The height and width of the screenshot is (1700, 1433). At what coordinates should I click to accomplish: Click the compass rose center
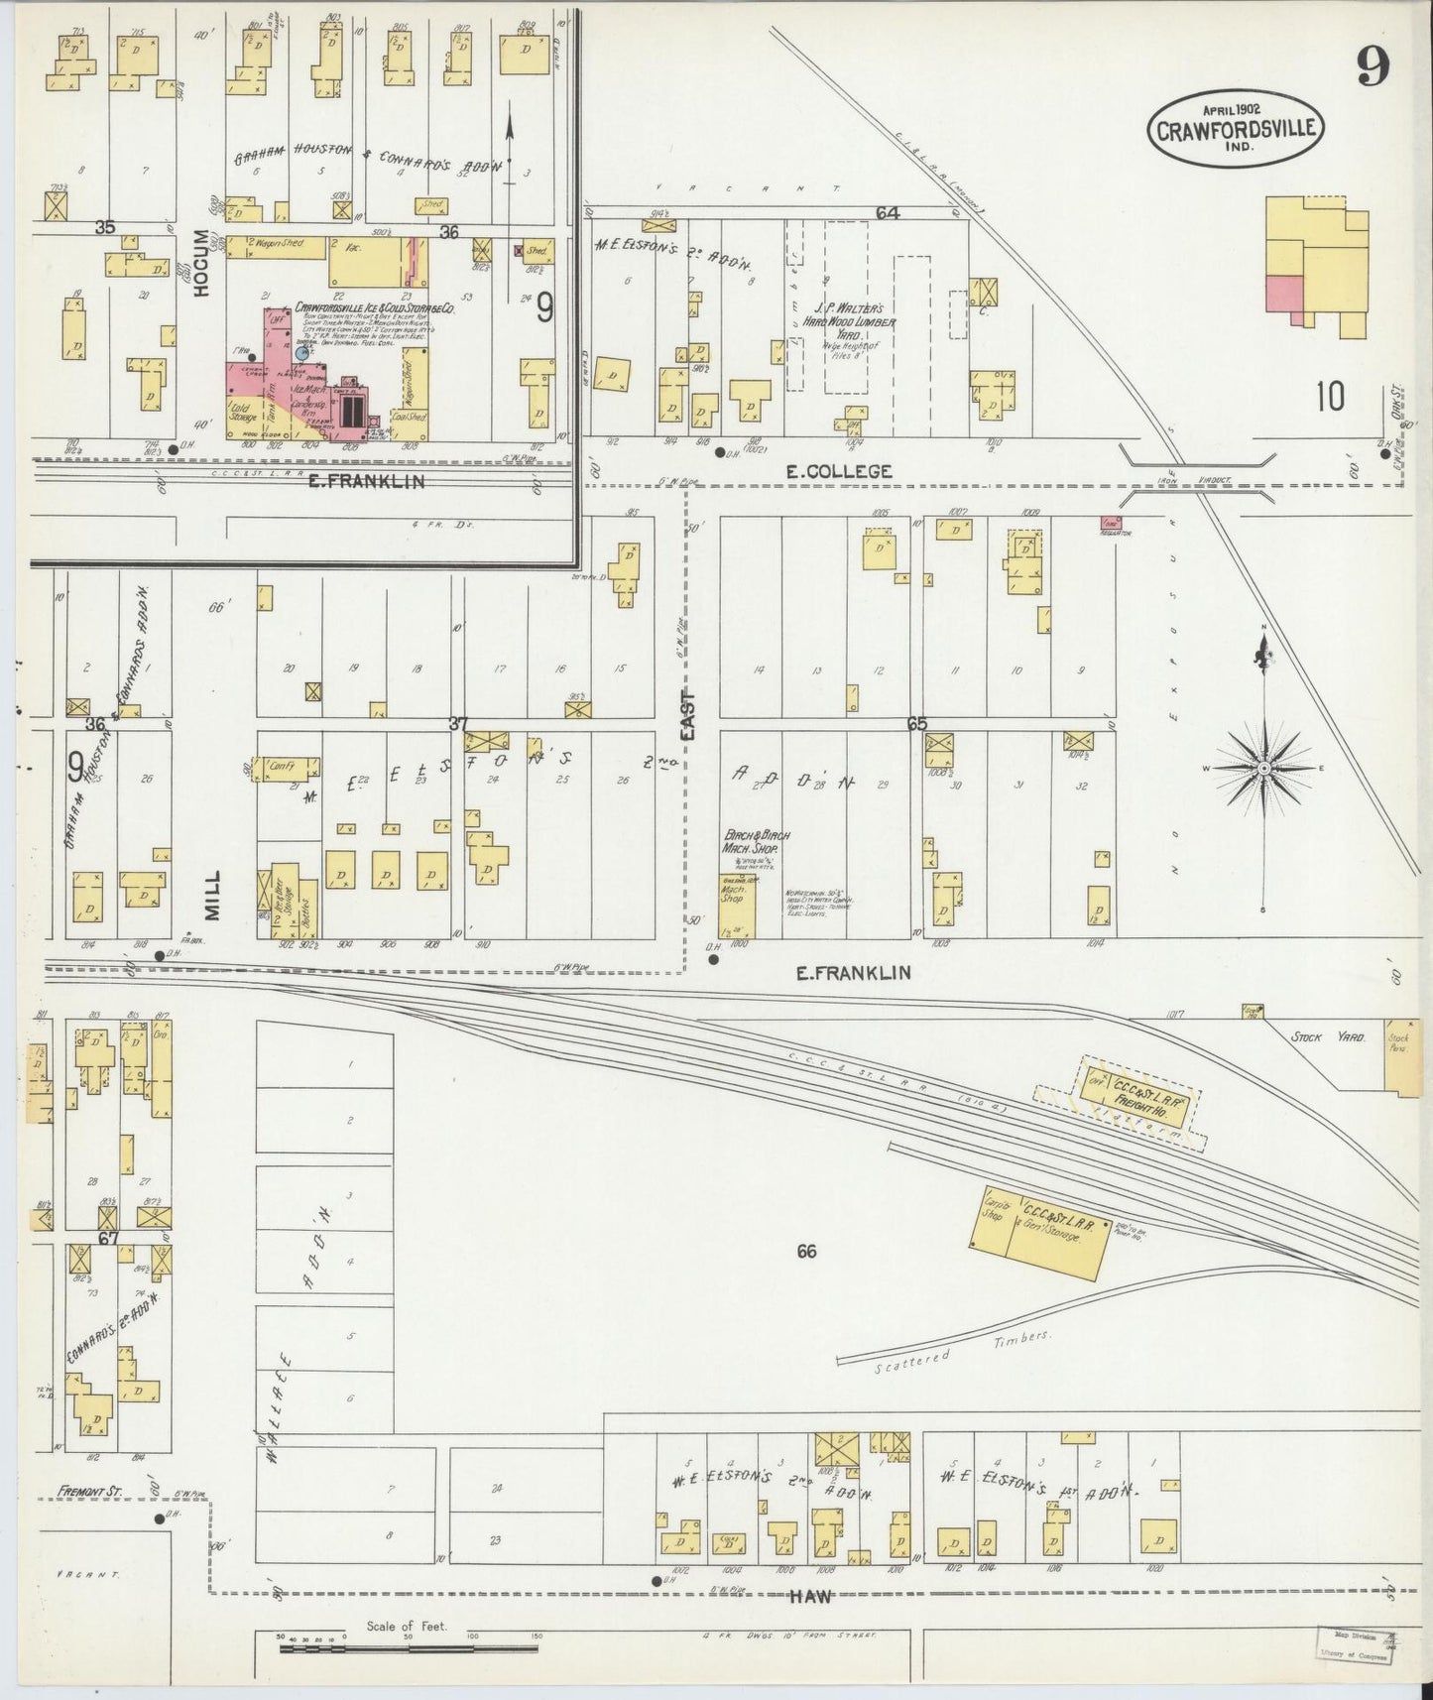[1264, 769]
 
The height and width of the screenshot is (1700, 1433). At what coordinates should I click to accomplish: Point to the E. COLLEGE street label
[838, 472]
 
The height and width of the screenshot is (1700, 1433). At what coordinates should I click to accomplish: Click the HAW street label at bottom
[810, 1596]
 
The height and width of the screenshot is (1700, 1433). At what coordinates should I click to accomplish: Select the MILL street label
[213, 894]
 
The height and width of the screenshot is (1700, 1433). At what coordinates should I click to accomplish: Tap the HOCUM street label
[203, 263]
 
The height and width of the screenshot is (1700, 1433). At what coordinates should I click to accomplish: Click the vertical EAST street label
[688, 714]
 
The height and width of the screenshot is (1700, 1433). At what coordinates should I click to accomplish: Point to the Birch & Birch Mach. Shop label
[756, 842]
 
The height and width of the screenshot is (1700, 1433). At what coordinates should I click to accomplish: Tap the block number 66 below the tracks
[806, 1252]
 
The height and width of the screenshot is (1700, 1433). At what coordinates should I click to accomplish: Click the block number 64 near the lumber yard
[887, 212]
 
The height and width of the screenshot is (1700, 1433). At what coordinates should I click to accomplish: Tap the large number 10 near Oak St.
[1330, 397]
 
